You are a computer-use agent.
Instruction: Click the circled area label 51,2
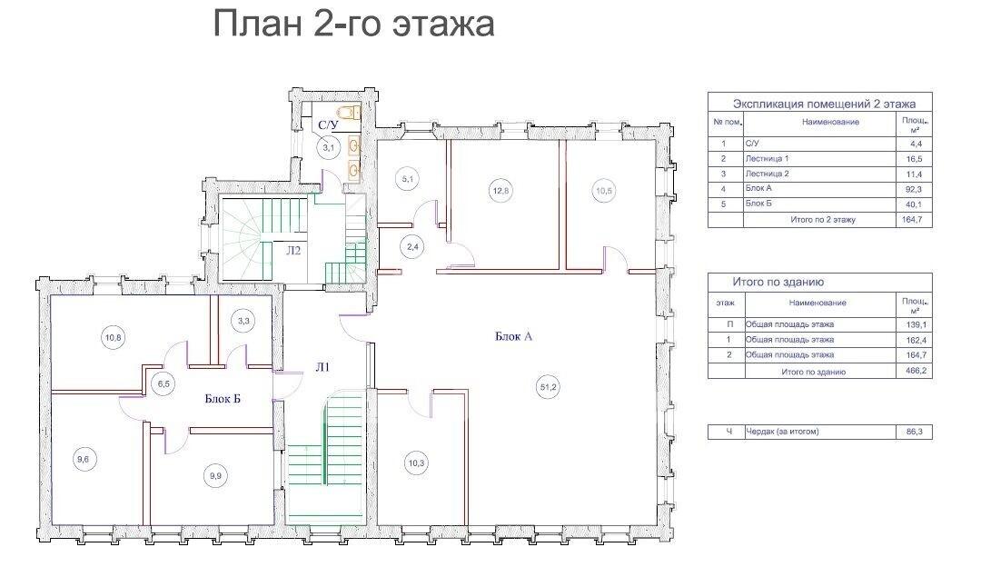547,388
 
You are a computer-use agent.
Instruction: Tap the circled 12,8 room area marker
501,190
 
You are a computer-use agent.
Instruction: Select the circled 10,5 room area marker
605,190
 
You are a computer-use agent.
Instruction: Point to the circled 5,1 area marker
407,180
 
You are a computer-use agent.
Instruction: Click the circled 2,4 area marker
411,245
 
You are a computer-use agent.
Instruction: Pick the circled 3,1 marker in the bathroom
328,145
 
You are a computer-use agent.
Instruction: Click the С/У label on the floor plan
328,124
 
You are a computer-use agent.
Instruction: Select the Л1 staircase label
322,368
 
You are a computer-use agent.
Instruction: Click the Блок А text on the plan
513,336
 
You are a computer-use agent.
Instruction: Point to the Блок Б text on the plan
223,398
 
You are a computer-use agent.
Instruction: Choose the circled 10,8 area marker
114,338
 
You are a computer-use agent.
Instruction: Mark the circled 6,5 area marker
163,383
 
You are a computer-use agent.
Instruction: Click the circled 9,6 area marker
84,459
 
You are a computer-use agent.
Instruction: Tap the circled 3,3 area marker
243,320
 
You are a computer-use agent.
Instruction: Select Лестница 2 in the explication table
767,173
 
